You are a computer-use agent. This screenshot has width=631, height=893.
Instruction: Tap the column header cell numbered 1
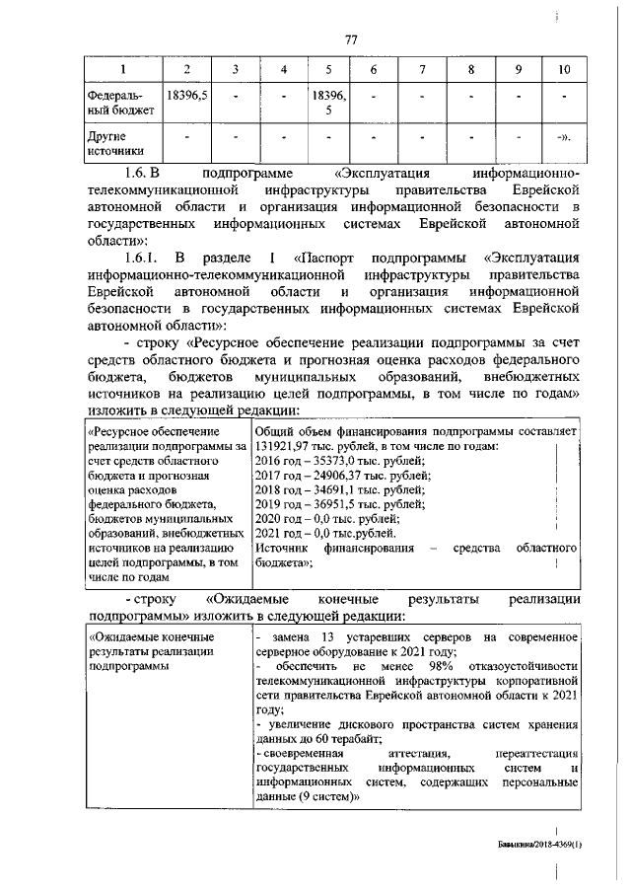tap(122, 69)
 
